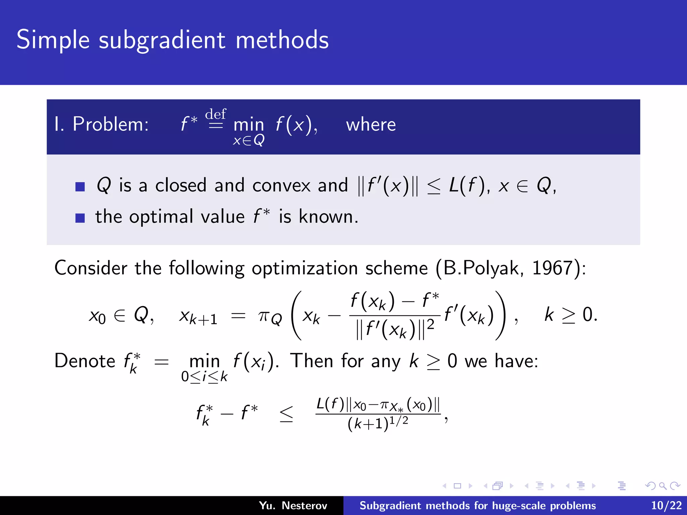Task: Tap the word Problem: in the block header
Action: pyautogui.click(x=111, y=124)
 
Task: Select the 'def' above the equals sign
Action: pyautogui.click(x=215, y=114)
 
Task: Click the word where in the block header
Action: pyautogui.click(x=371, y=125)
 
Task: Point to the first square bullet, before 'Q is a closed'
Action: pyautogui.click(x=80, y=186)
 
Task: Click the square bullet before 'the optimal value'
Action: pyautogui.click(x=80, y=218)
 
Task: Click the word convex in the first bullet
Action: pyautogui.click(x=281, y=185)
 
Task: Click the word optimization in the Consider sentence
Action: pyautogui.click(x=305, y=269)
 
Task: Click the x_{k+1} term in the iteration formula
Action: pyautogui.click(x=198, y=317)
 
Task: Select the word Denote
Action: pyautogui.click(x=85, y=361)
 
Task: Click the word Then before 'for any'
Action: pyautogui.click(x=312, y=361)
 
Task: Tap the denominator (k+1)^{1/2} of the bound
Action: pyautogui.click(x=378, y=423)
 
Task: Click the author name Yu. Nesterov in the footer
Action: pyautogui.click(x=293, y=506)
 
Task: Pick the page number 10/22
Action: pyautogui.click(x=666, y=506)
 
